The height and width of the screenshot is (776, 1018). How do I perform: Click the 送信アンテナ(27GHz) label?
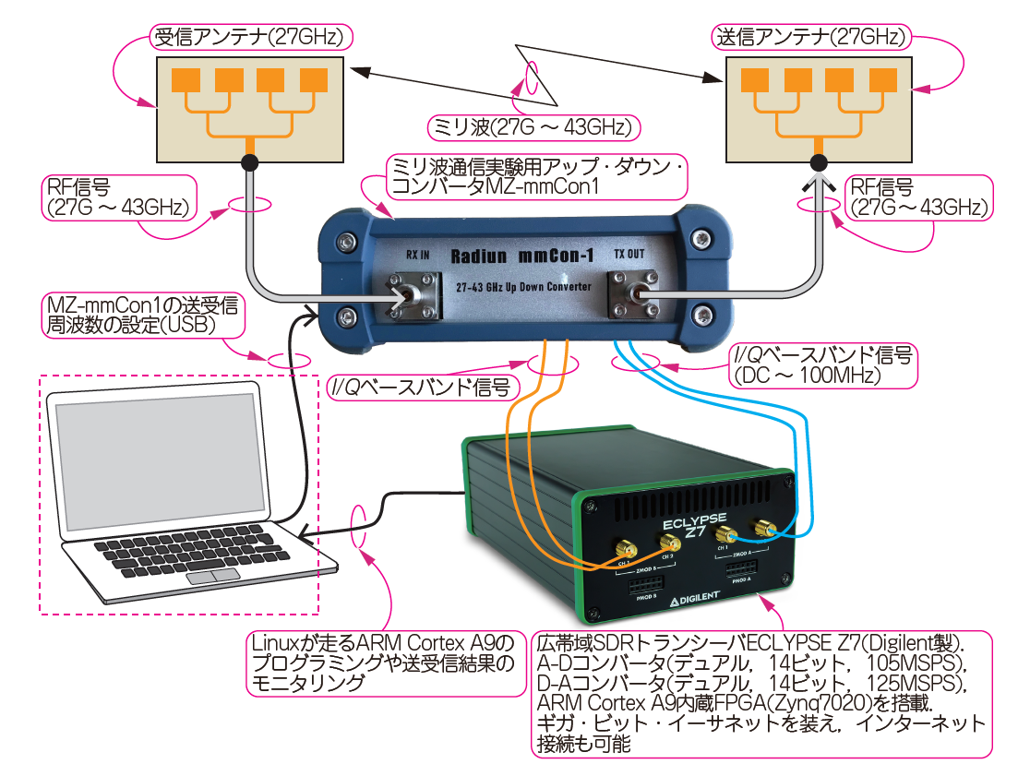tap(813, 37)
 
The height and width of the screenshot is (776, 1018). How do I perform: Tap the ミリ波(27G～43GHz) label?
tap(534, 125)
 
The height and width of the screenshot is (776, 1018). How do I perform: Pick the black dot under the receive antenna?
tap(250, 163)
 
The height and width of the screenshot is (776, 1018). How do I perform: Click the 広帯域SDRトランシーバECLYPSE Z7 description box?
tap(761, 693)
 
